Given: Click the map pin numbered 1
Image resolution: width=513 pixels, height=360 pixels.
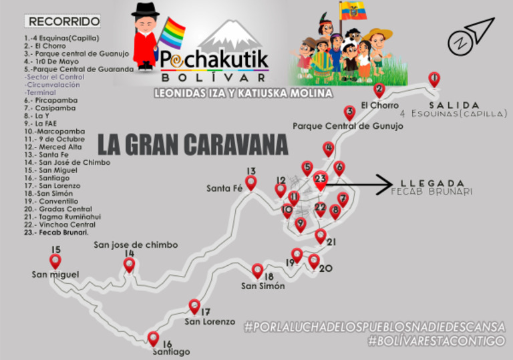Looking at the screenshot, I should pyautogui.click(x=434, y=79).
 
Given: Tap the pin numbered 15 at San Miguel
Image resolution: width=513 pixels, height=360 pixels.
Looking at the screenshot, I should pyautogui.click(x=55, y=260).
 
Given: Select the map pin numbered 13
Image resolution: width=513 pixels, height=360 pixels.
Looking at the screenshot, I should pyautogui.click(x=250, y=182).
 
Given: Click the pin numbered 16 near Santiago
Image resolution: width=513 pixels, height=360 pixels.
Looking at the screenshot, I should pyautogui.click(x=154, y=338).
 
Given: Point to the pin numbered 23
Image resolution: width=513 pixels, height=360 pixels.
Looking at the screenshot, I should pyautogui.click(x=321, y=179).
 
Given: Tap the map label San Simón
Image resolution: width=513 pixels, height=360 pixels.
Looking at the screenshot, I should pyautogui.click(x=263, y=286).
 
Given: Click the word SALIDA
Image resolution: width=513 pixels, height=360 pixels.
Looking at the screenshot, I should pyautogui.click(x=454, y=105).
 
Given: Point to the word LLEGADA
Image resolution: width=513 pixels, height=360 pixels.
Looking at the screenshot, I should pyautogui.click(x=432, y=182).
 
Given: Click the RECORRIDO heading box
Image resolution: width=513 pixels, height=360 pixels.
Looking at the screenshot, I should pyautogui.click(x=64, y=21).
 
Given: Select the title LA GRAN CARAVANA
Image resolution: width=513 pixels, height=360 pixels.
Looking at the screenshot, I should pyautogui.click(x=193, y=144).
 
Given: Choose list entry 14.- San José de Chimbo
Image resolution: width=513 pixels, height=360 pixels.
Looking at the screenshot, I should pyautogui.click(x=67, y=162).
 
